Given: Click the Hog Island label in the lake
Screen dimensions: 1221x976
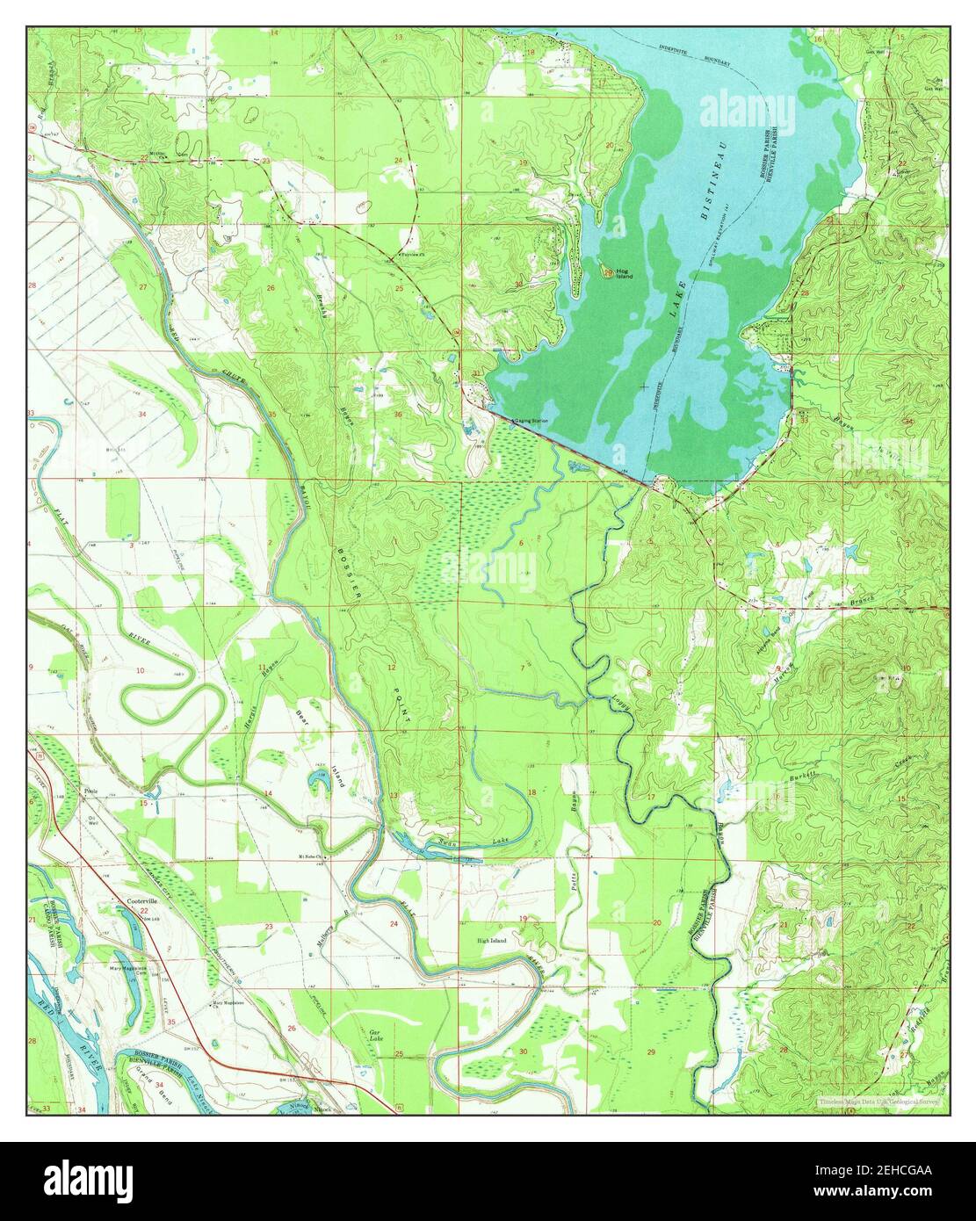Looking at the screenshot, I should [x=623, y=273].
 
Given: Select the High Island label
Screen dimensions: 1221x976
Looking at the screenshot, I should [x=492, y=941].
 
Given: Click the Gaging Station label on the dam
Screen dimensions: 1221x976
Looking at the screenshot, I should [x=531, y=421].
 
